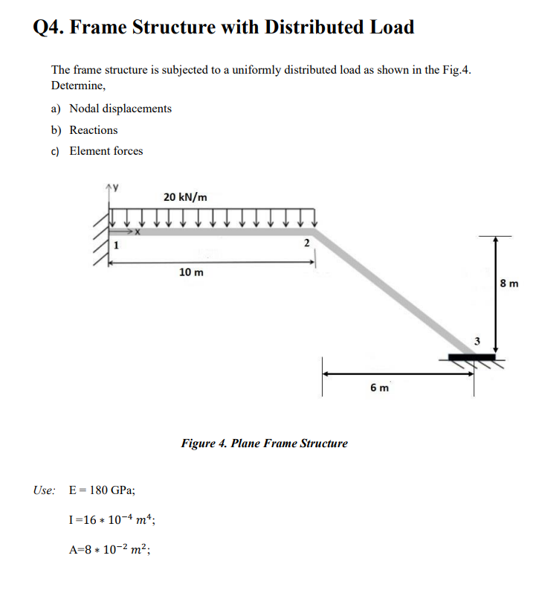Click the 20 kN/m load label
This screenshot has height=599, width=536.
pos(185,197)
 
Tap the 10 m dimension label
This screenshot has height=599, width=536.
pos(192,272)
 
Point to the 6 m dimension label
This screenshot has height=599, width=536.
pos(379,387)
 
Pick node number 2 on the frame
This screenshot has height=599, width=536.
pos(306,244)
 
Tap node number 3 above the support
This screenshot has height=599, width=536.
pos(478,342)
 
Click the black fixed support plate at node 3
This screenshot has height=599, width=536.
pos(471,357)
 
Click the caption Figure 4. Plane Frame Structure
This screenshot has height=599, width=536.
pos(264,443)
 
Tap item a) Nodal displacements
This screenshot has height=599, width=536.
pos(112,109)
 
